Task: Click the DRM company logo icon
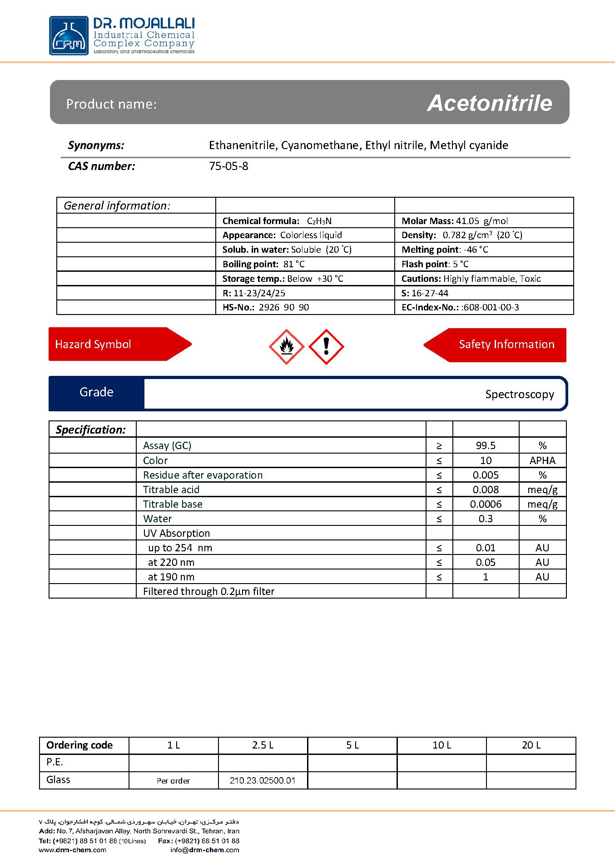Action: coord(69,36)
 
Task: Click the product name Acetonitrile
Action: coord(490,103)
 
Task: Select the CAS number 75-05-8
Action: coord(228,166)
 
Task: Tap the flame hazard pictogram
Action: coord(286,347)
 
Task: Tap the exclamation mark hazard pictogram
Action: coord(326,347)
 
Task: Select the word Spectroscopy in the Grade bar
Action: coord(519,394)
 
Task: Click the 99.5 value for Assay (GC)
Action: coord(486,445)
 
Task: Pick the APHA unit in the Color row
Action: coord(542,460)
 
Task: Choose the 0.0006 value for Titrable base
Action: coord(486,504)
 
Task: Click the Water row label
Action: coord(157,519)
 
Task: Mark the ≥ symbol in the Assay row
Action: coord(439,445)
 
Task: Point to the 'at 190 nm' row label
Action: coord(171,577)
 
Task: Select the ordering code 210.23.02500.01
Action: coord(263,780)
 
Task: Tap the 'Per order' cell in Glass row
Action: coord(173,780)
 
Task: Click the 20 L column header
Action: coord(531,745)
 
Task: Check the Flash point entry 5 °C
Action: coord(461,264)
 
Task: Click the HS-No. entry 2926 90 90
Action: coord(283,307)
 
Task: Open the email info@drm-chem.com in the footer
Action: coord(205,849)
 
